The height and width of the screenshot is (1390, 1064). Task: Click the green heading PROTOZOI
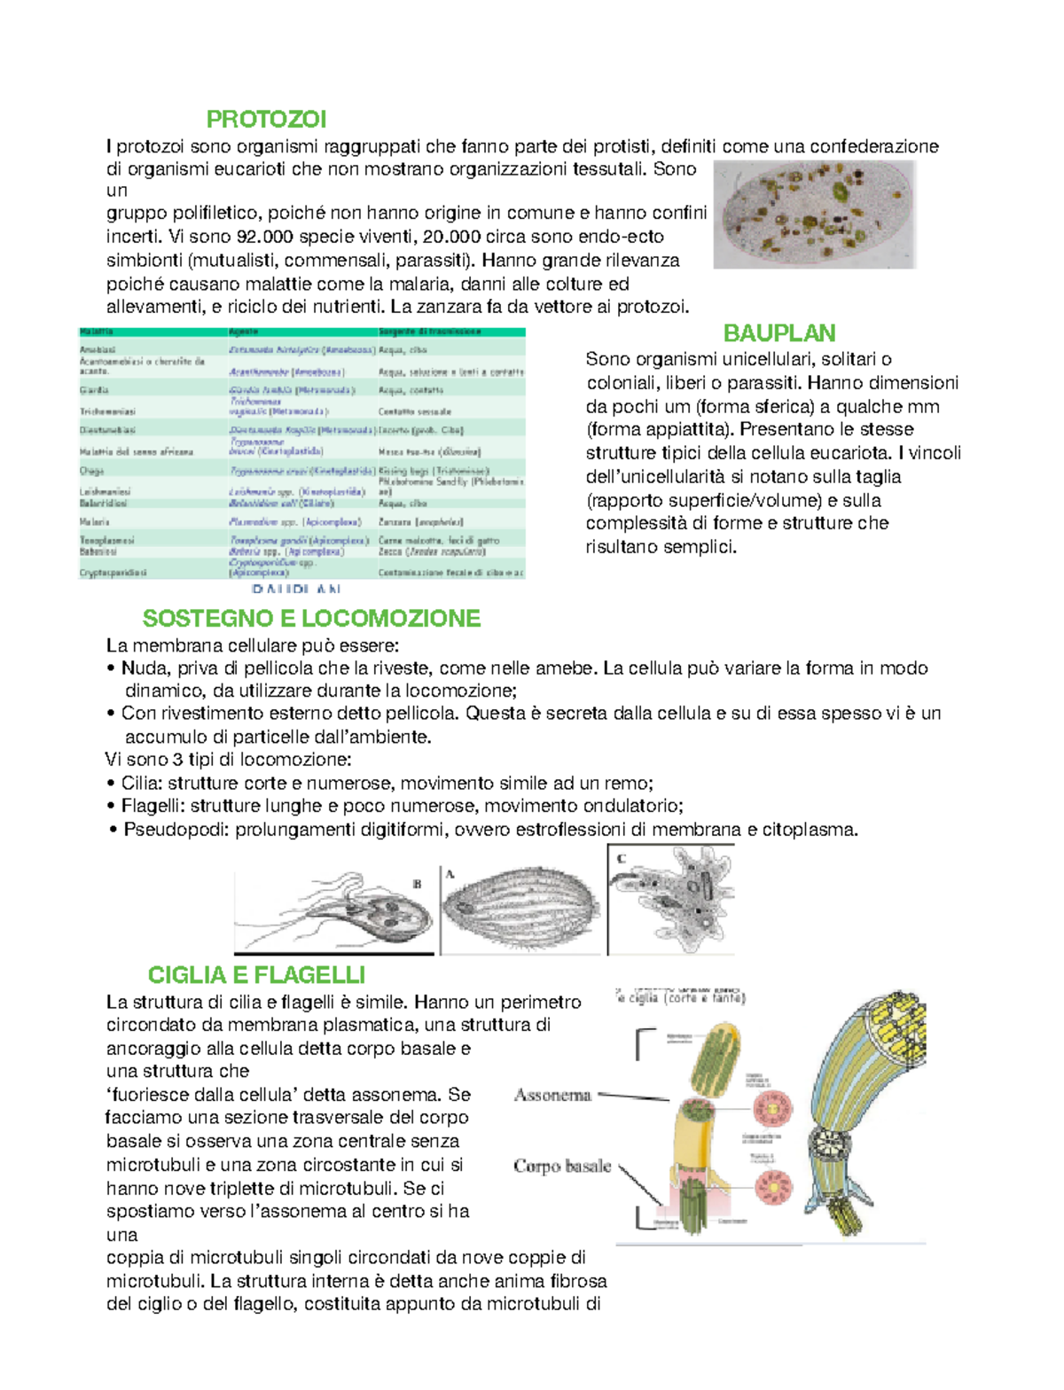(266, 119)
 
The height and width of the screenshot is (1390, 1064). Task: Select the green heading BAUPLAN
(778, 333)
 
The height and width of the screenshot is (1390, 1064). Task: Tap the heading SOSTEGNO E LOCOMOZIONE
(311, 618)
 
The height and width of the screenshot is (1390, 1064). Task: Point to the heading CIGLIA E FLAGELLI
(256, 975)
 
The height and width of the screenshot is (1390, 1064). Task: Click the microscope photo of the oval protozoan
(814, 215)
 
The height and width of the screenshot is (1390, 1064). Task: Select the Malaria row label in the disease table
(95, 522)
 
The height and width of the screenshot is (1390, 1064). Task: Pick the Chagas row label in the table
(92, 471)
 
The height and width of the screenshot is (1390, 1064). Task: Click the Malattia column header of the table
(97, 332)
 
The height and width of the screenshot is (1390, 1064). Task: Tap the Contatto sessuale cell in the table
(415, 411)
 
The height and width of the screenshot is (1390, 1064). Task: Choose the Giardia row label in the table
(94, 390)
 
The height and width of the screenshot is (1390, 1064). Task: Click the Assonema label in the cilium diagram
(552, 1095)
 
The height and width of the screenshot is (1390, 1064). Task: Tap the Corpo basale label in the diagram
(562, 1166)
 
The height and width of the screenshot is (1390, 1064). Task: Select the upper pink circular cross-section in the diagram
(772, 1108)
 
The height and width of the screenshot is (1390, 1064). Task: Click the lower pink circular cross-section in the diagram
(773, 1186)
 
